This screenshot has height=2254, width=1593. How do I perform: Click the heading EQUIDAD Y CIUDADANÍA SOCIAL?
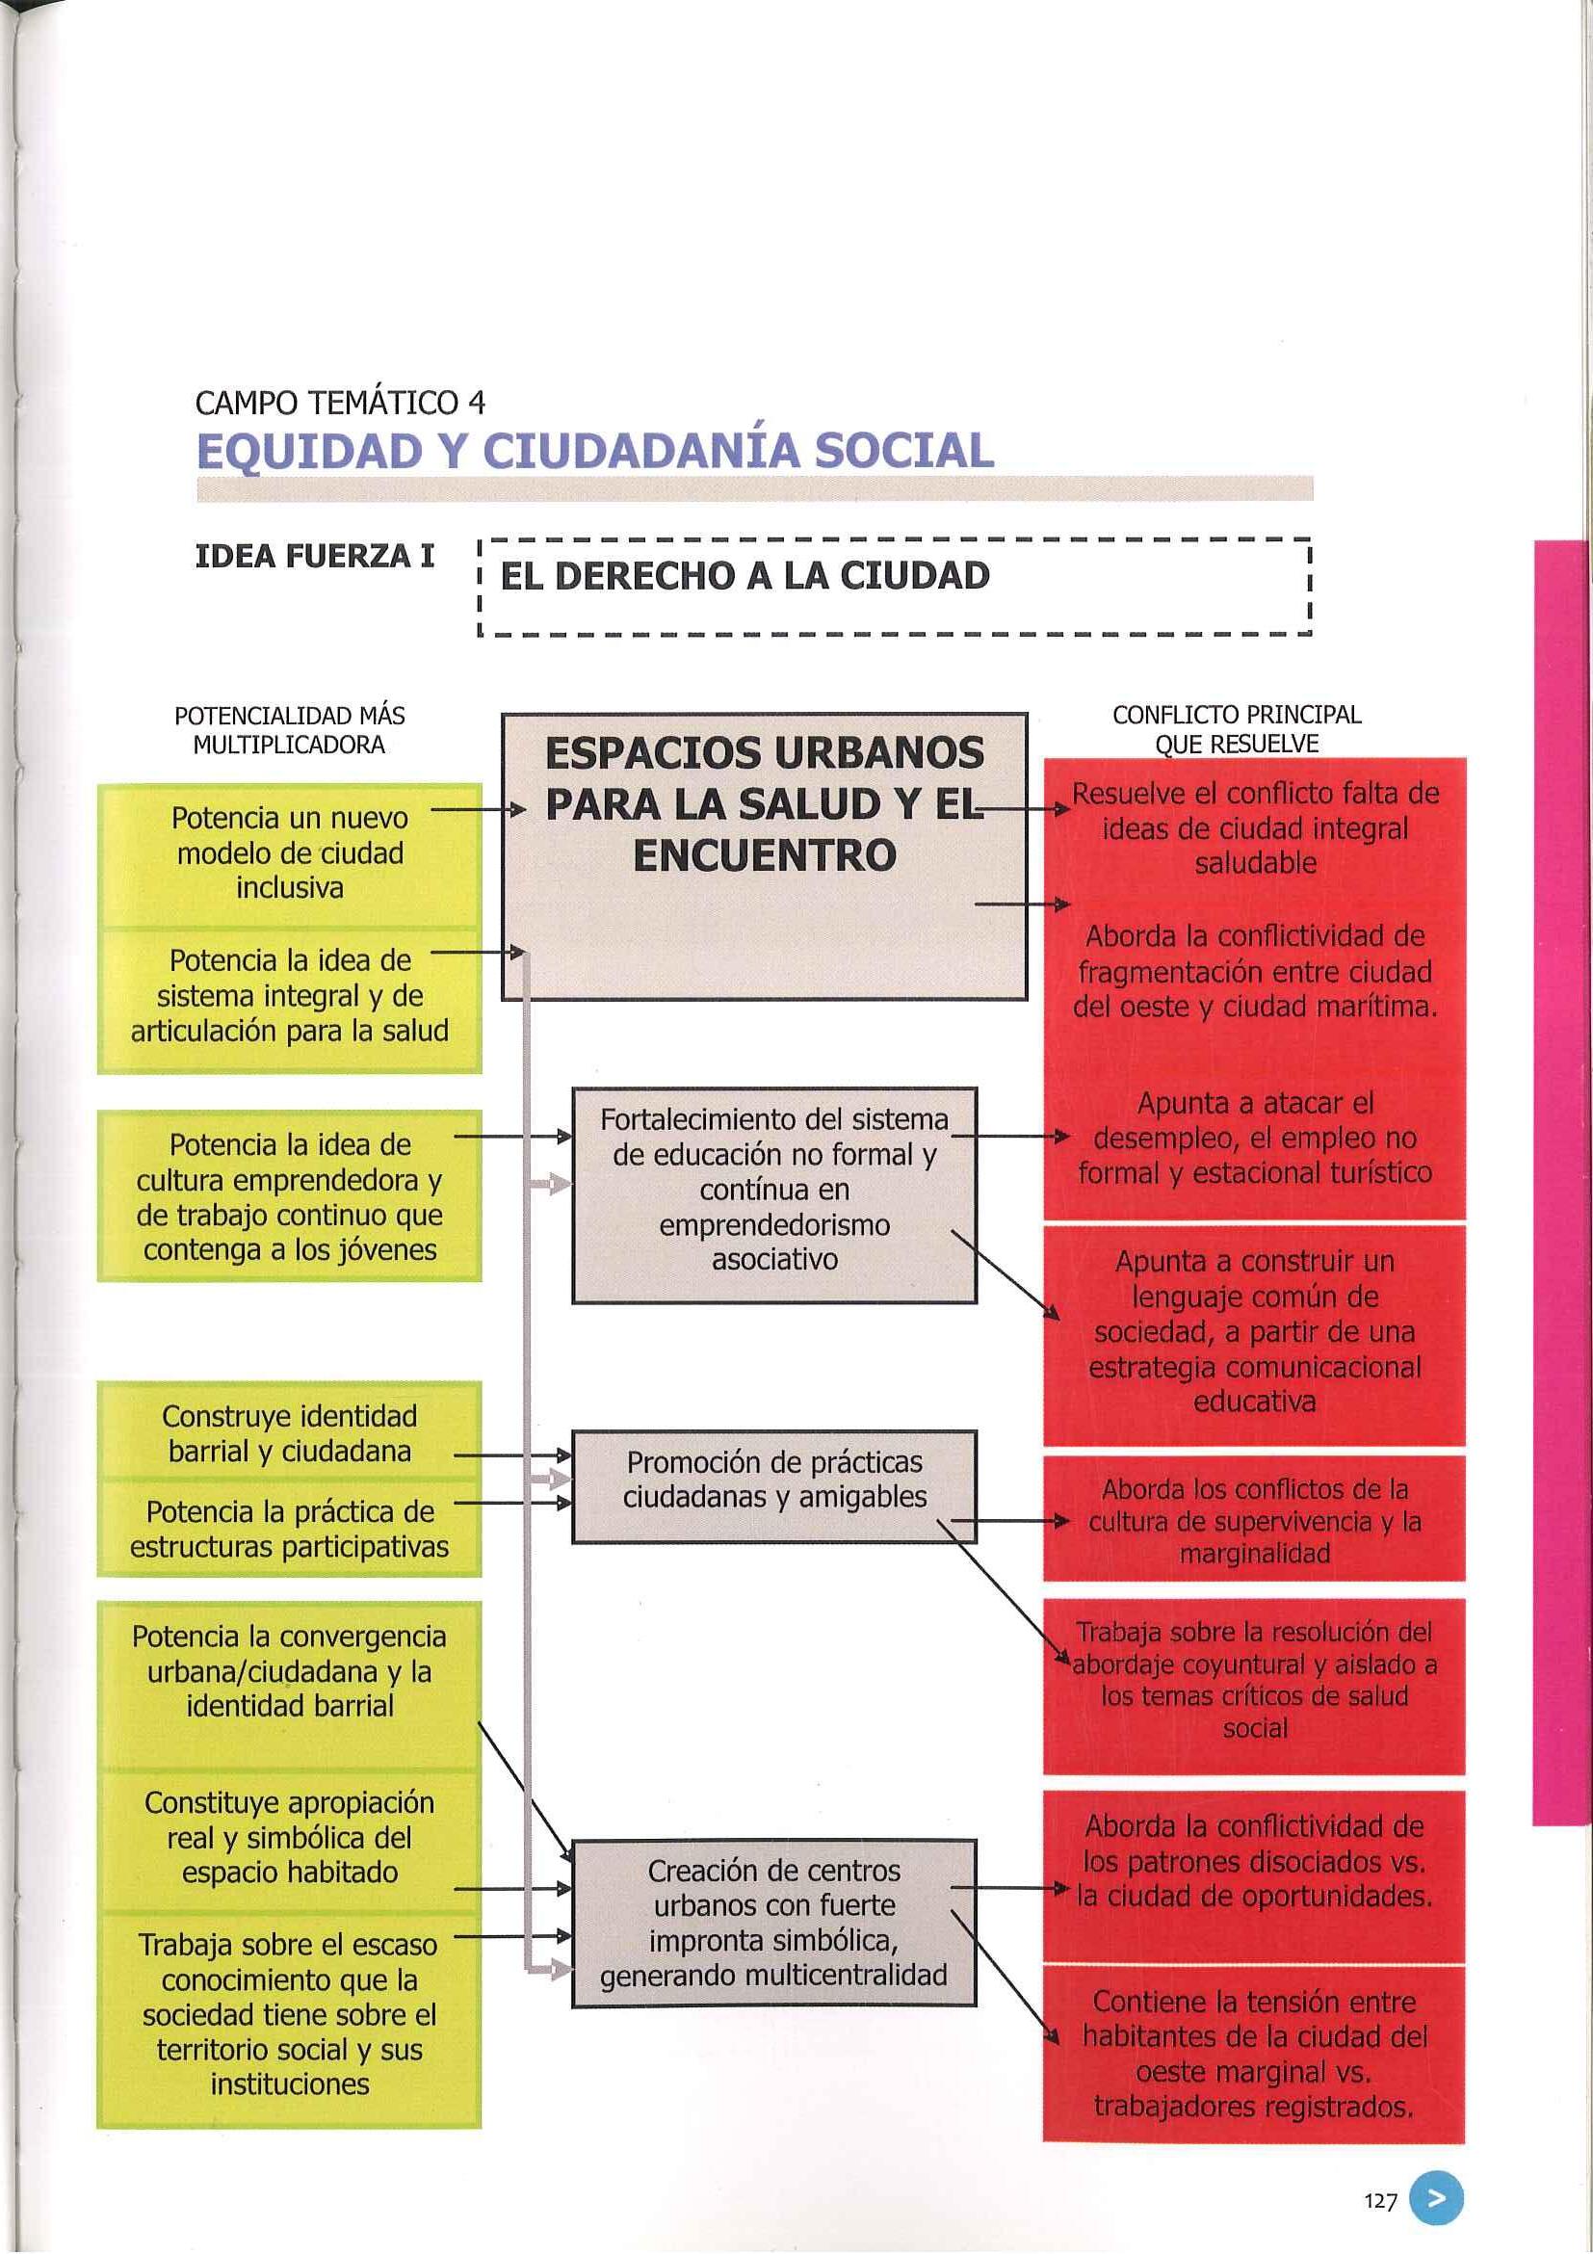[x=595, y=452]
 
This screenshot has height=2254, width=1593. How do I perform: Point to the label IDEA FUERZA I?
[x=315, y=557]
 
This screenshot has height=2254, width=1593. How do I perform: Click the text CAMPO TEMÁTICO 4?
[x=340, y=403]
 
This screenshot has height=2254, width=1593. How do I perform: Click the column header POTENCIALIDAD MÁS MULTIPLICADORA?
[x=289, y=730]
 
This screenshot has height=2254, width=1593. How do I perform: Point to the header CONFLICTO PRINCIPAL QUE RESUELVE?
[x=1236, y=729]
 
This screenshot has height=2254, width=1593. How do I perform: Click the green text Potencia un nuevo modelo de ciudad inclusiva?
[x=290, y=853]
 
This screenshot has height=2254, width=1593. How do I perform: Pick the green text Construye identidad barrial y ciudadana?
[x=290, y=1433]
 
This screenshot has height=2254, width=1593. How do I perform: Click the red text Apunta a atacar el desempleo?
[x=1254, y=1138]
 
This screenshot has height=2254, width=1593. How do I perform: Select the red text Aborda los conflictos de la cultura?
[x=1254, y=1521]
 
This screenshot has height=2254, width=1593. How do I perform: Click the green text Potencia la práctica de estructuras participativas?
[x=290, y=1529]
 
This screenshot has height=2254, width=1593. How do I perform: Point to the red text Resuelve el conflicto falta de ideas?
[x=1254, y=827]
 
